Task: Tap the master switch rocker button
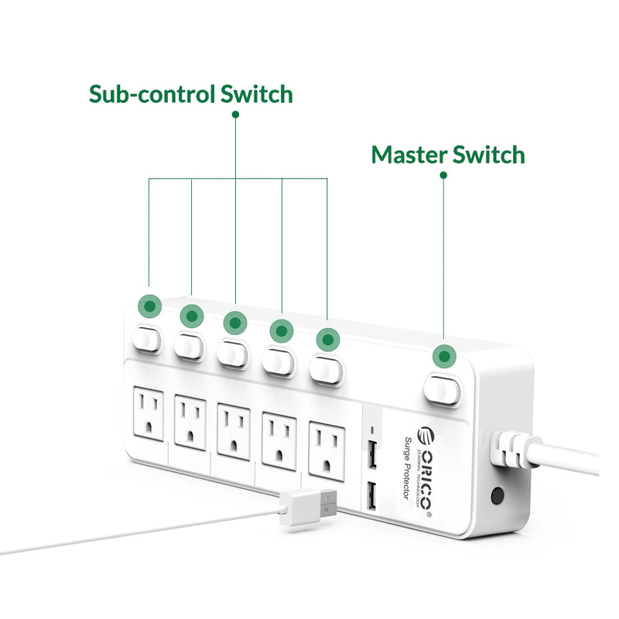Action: (x=443, y=390)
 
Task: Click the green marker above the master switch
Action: (x=443, y=357)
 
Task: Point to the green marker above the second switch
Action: (x=191, y=316)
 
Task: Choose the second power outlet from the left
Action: (x=190, y=424)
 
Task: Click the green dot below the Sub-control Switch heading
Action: (x=235, y=115)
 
